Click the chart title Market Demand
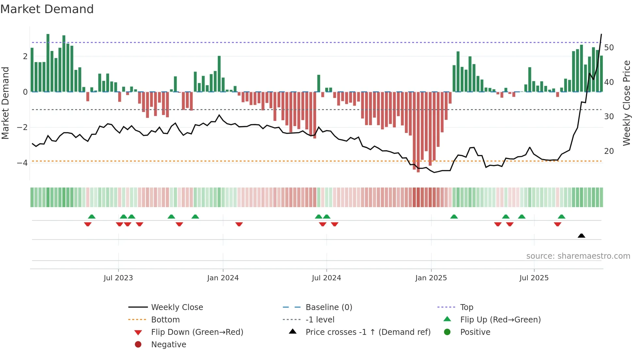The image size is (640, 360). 47,9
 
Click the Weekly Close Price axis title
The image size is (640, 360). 626,103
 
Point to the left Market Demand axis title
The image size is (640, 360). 6,103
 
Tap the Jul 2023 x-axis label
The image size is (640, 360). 118,278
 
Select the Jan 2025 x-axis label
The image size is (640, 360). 431,278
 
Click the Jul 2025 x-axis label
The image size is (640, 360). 534,278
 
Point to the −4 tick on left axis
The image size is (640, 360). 22,163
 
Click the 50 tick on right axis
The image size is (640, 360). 609,48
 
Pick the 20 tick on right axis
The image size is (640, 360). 609,151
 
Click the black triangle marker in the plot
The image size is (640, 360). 581,236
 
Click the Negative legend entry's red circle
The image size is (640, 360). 138,345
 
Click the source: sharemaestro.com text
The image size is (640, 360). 578,256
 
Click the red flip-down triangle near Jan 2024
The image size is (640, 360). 239,224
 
